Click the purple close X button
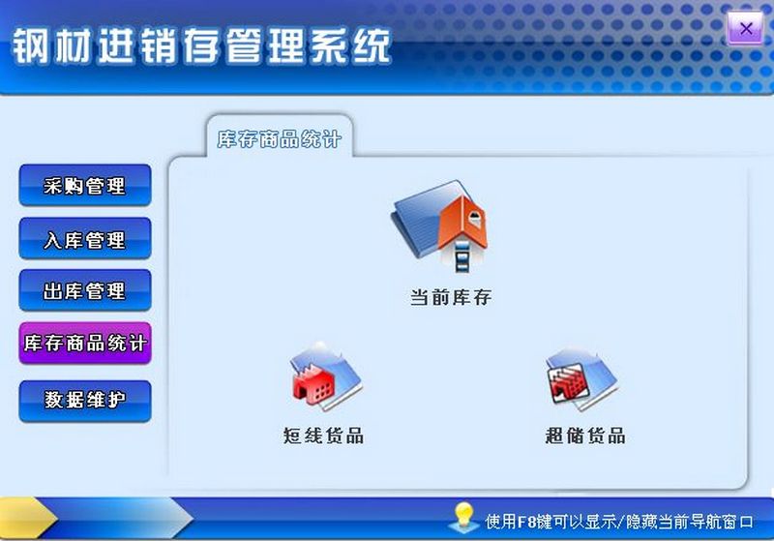coord(745,29)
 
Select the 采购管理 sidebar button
coord(85,186)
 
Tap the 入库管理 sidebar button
coord(85,239)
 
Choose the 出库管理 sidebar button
coord(85,290)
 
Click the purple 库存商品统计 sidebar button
coord(85,344)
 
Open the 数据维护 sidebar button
coord(85,401)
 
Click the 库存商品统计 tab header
coord(280,138)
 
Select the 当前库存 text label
coord(451,297)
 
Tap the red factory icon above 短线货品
coord(325,376)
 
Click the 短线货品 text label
coord(323,436)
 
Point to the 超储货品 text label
coord(585,436)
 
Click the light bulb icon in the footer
coord(463,518)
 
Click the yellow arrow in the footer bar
coord(27,518)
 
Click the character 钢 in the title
coord(31,45)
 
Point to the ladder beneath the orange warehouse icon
coord(462,256)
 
